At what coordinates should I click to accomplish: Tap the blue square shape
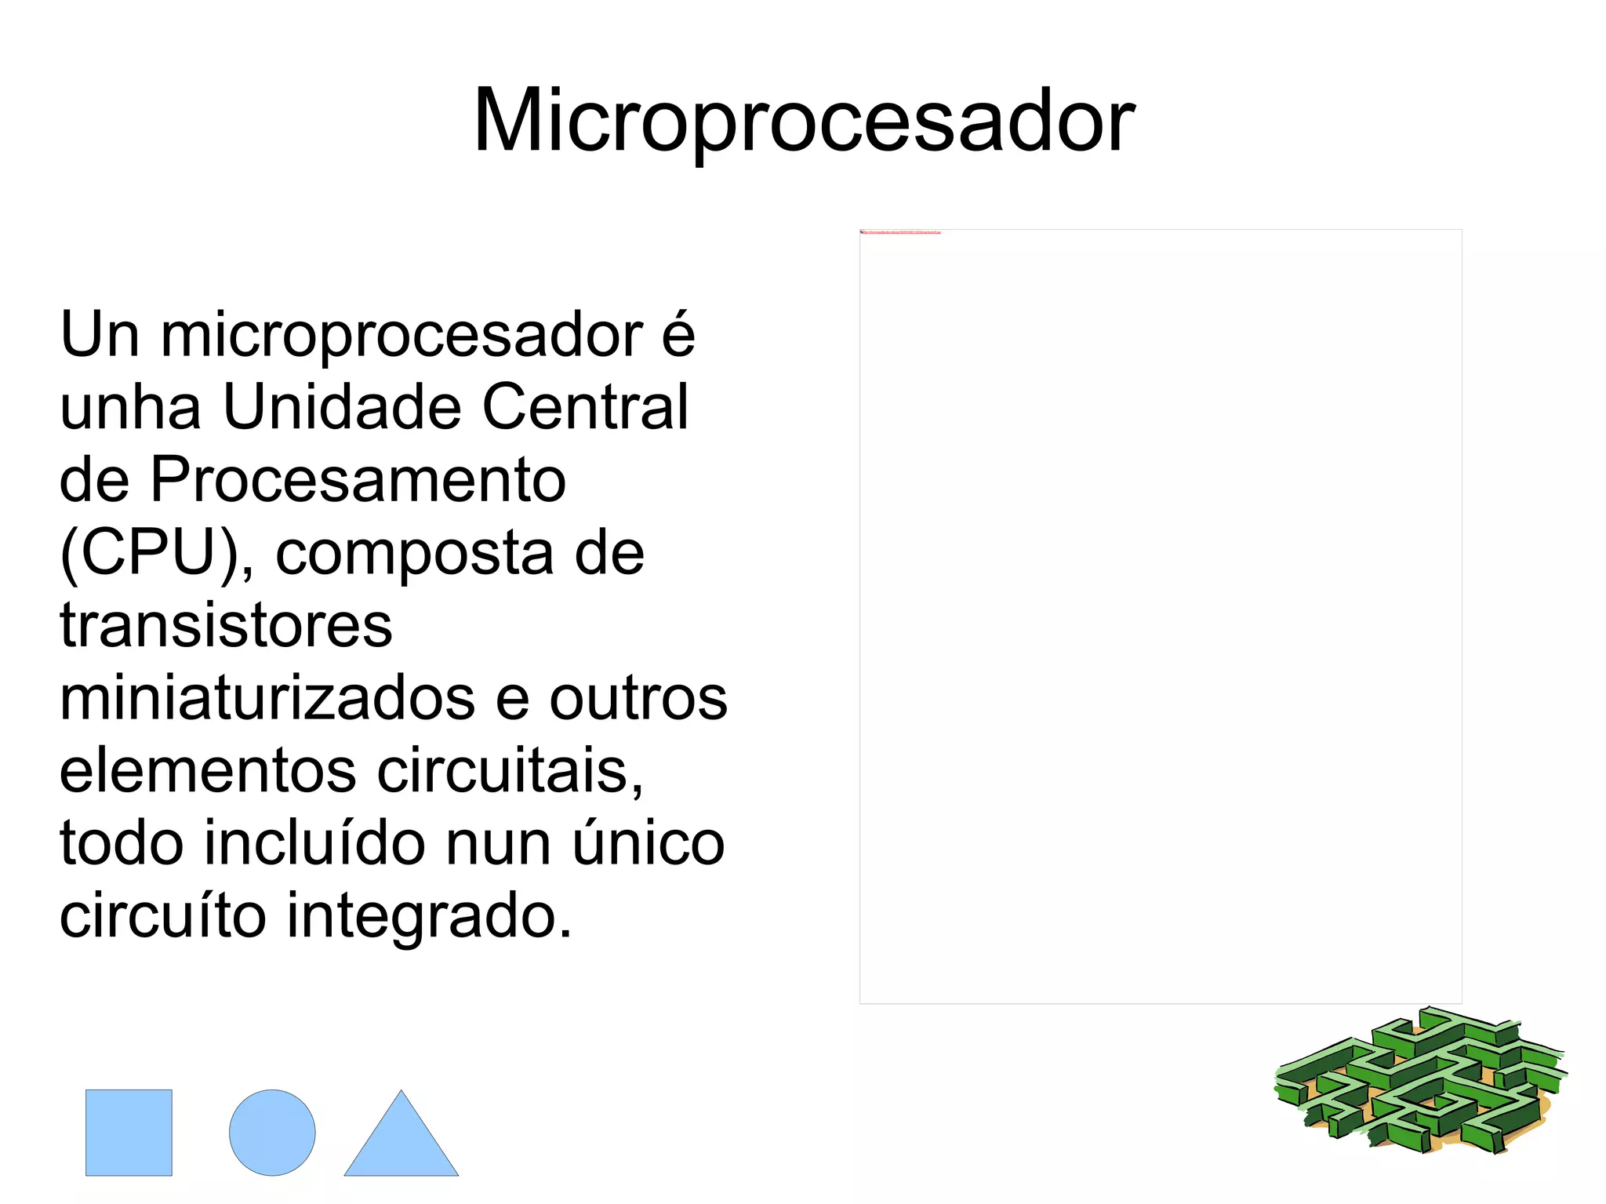pyautogui.click(x=129, y=1132)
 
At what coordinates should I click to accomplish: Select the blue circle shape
pyautogui.click(x=272, y=1132)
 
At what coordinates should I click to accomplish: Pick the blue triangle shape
pyautogui.click(x=401, y=1141)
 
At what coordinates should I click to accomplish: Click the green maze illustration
pyautogui.click(x=1419, y=1081)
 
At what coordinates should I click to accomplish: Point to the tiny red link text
pyautogui.click(x=900, y=233)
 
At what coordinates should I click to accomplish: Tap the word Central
pyautogui.click(x=585, y=408)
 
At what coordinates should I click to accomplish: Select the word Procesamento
pyautogui.click(x=358, y=480)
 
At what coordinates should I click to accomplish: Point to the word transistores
pyautogui.click(x=226, y=626)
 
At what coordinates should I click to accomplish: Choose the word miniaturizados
pyautogui.click(x=267, y=698)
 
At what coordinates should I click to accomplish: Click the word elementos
pyautogui.click(x=209, y=771)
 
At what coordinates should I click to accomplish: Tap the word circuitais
pyautogui.click(x=510, y=771)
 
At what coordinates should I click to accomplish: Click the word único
pyautogui.click(x=648, y=843)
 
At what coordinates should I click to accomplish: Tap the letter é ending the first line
pyautogui.click(x=678, y=336)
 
